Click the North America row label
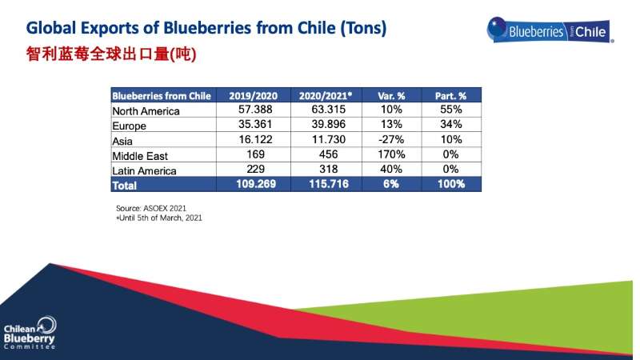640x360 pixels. tap(146, 111)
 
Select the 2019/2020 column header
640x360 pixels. tap(253, 96)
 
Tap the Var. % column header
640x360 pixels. tap(391, 96)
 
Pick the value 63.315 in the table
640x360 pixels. tap(329, 110)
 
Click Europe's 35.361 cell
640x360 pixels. tap(255, 124)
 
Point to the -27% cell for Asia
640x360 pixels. tap(391, 139)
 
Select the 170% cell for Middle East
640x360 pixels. tap(391, 154)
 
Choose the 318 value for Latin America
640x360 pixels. tap(329, 169)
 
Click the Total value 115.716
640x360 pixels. tap(329, 184)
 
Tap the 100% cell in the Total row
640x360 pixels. tap(451, 184)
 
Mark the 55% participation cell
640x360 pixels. tap(451, 110)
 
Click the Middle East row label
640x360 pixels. tap(140, 156)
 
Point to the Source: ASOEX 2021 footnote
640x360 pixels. tap(151, 208)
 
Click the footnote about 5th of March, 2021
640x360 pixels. tap(159, 218)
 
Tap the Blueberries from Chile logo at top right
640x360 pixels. tap(550, 30)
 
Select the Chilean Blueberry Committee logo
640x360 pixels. tap(30, 333)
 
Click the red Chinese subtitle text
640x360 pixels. tap(111, 54)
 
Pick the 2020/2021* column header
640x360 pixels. tap(326, 96)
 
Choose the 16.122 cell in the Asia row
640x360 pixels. tap(255, 139)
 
